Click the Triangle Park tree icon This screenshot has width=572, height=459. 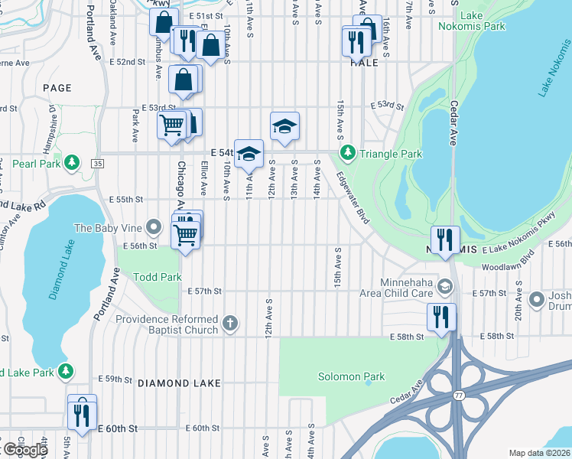(x=348, y=154)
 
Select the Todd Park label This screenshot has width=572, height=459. (x=158, y=277)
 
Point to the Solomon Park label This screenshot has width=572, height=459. (x=351, y=376)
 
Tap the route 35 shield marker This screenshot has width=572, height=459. (x=96, y=163)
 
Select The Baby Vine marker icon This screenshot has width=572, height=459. (x=154, y=227)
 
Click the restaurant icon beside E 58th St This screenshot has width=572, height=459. (x=441, y=315)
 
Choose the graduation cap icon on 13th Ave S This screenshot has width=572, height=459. (x=284, y=125)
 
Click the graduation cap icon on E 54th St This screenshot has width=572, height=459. (x=249, y=153)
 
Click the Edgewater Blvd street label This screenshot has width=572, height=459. (x=352, y=197)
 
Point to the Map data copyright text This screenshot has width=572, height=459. (x=540, y=453)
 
